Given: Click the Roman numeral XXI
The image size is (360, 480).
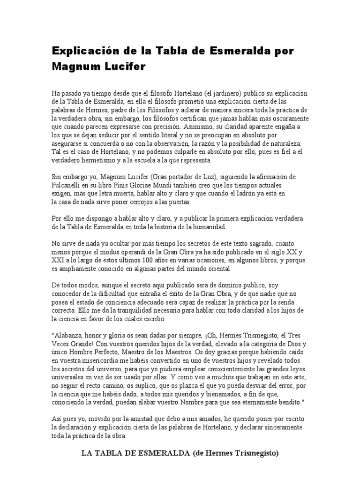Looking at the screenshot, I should coord(58,261).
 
